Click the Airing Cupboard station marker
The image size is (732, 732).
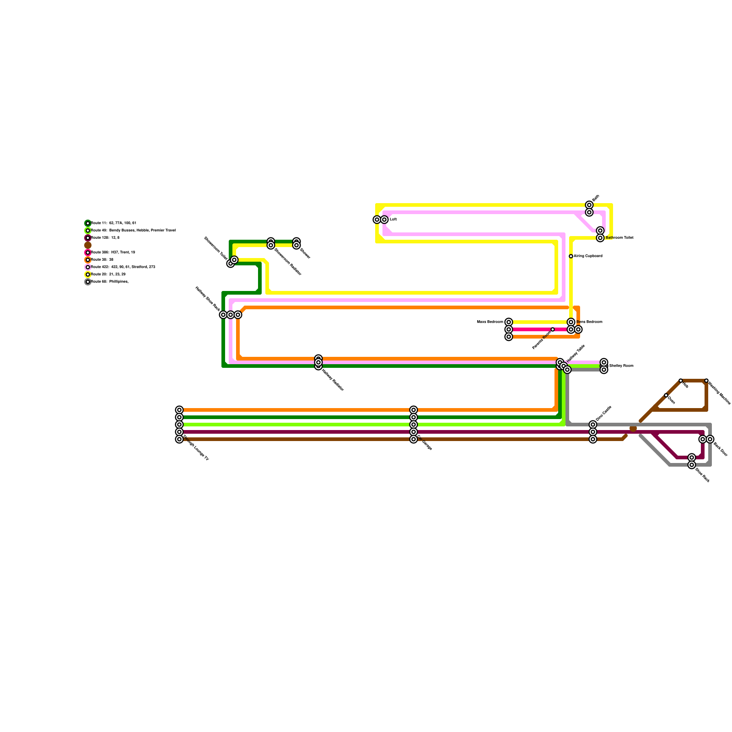click(x=571, y=256)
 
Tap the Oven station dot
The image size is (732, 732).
click(x=666, y=395)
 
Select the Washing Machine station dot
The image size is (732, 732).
click(x=706, y=381)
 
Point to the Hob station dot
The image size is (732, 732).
click(x=681, y=381)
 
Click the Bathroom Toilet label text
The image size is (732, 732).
click(x=619, y=238)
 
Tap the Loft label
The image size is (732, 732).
click(x=393, y=220)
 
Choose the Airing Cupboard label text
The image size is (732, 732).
click(x=588, y=256)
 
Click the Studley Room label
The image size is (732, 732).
click(x=621, y=366)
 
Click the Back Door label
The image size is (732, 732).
click(x=721, y=449)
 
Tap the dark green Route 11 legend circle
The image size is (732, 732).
click(x=88, y=223)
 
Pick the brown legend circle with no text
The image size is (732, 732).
click(x=88, y=245)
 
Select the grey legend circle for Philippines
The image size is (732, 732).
click(x=88, y=282)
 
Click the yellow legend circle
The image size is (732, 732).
click(x=88, y=274)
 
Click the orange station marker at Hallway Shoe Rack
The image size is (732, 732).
click(x=238, y=315)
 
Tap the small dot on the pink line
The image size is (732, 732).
click(x=553, y=329)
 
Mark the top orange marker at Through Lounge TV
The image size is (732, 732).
click(x=179, y=410)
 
